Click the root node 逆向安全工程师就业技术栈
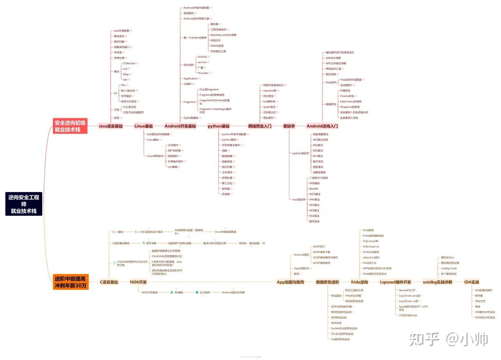(x=23, y=204)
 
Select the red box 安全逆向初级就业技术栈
(x=70, y=126)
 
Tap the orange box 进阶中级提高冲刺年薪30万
(x=71, y=282)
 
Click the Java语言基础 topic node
(x=111, y=126)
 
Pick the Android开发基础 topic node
(x=180, y=126)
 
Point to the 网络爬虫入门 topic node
(x=260, y=126)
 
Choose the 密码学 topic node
(x=289, y=126)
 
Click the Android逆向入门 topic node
(x=322, y=126)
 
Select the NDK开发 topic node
(x=138, y=282)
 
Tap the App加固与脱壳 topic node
(x=291, y=282)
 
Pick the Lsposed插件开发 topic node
(x=395, y=282)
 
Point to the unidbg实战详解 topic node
(x=438, y=282)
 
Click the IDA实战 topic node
(x=472, y=282)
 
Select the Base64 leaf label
(x=314, y=189)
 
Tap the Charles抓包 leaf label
(x=347, y=96)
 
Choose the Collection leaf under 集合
(x=129, y=63)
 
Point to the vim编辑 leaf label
(x=172, y=167)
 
